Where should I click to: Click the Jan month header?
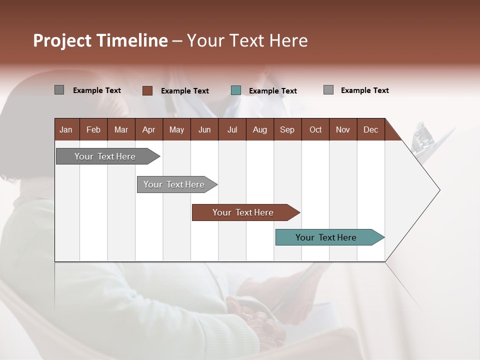[x=66, y=129]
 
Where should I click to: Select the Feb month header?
[x=93, y=129]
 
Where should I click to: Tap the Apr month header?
[x=148, y=129]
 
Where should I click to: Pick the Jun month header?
[x=204, y=129]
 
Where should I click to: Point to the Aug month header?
[x=259, y=129]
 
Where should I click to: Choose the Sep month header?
[x=287, y=129]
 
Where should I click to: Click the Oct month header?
[x=315, y=129]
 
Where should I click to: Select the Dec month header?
[x=370, y=129]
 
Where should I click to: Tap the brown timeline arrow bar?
[x=243, y=212]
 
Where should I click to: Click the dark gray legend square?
[x=59, y=90]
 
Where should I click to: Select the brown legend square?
[x=147, y=90]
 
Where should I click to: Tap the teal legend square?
[x=236, y=90]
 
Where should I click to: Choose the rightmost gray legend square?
[x=328, y=90]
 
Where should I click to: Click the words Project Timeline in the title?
[x=100, y=40]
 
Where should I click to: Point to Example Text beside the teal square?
[x=272, y=90]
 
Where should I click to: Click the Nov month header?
[x=342, y=129]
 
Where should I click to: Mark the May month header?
[x=176, y=129]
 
